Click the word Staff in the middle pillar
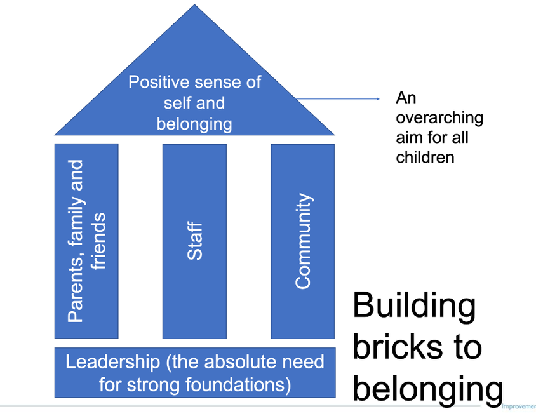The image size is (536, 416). pyautogui.click(x=195, y=241)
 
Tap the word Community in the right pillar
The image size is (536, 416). pyautogui.click(x=304, y=241)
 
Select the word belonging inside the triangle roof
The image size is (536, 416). pyautogui.click(x=194, y=123)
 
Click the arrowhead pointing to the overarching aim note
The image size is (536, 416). pyautogui.click(x=377, y=99)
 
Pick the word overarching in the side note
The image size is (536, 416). pyautogui.click(x=439, y=118)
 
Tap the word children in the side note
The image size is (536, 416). pyautogui.click(x=425, y=157)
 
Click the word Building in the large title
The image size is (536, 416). pyautogui.click(x=413, y=307)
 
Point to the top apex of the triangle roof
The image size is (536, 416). pyautogui.click(x=194, y=6)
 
